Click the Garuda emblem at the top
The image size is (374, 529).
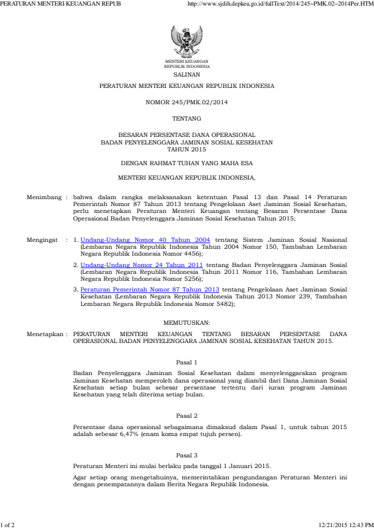187,41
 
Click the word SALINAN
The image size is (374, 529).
187,74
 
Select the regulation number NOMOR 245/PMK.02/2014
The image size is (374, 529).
187,101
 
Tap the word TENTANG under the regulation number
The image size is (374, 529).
187,118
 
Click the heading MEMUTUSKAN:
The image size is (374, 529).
187,322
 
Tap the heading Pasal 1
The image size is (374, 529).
187,362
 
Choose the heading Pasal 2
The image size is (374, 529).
187,416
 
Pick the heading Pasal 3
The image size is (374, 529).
187,454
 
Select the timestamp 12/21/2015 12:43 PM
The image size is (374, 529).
346,524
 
